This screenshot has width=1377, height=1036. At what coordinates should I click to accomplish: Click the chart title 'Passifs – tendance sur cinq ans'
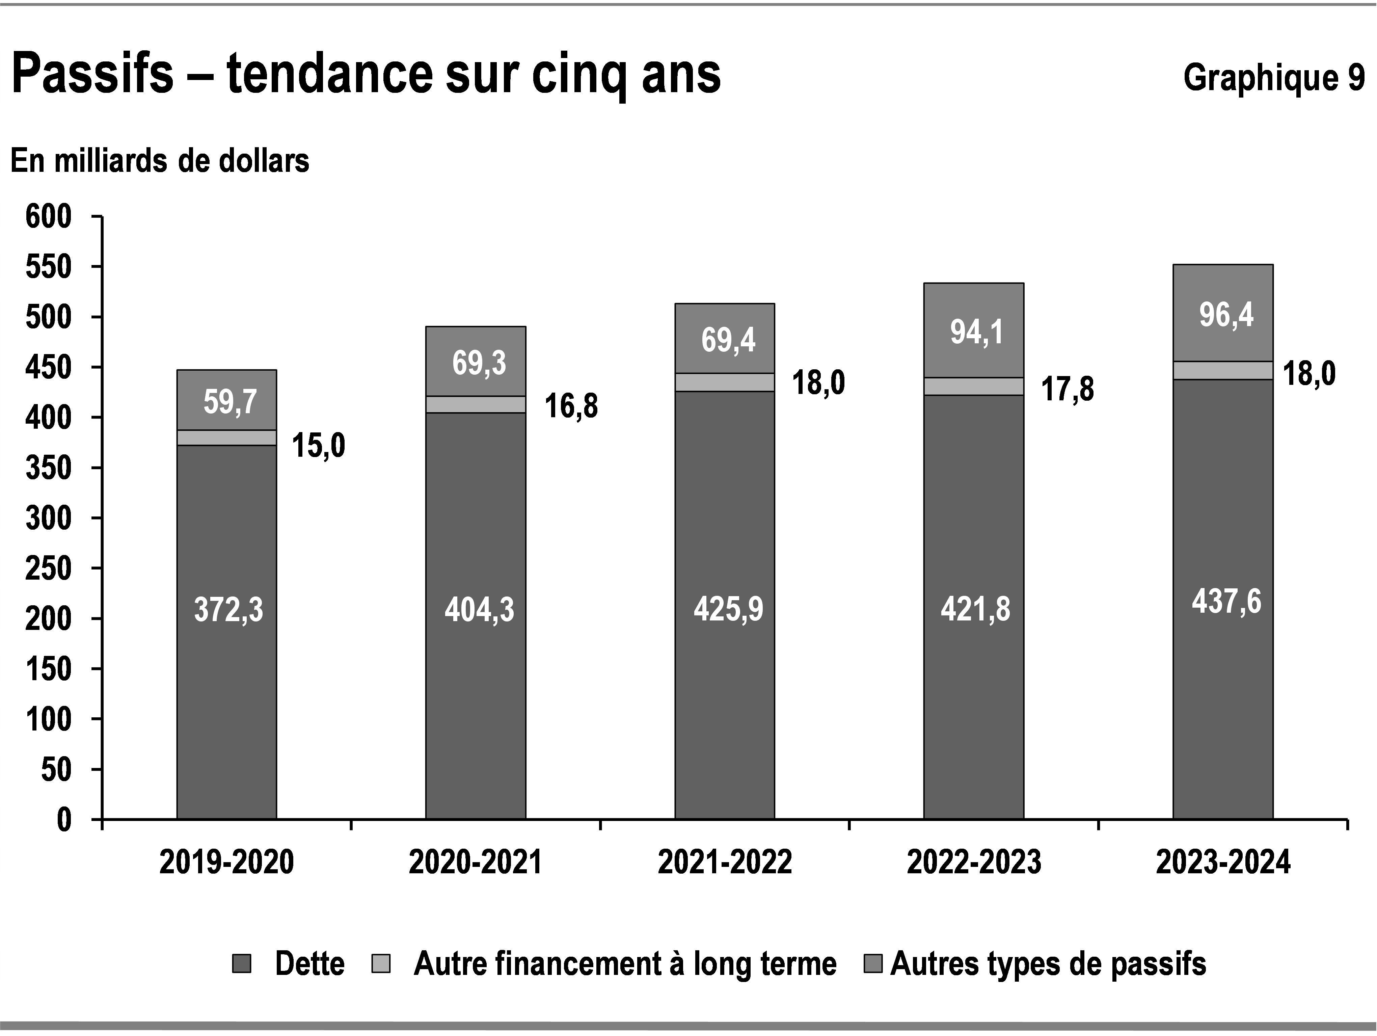(x=366, y=75)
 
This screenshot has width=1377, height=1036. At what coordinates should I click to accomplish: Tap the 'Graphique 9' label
(x=1273, y=78)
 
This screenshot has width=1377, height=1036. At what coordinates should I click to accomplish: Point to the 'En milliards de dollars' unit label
(x=160, y=161)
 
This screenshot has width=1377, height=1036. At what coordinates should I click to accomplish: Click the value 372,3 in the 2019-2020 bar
(x=228, y=610)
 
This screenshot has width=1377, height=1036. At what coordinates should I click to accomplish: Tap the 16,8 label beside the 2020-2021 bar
(x=571, y=406)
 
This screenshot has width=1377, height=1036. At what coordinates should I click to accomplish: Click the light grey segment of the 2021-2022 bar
(x=725, y=382)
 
